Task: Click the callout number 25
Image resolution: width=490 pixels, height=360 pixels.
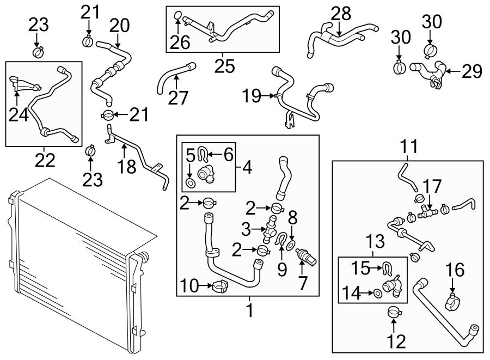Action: [224, 66]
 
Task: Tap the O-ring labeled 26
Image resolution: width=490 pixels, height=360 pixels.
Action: [178, 14]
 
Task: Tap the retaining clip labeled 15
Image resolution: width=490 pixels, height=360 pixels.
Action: [387, 267]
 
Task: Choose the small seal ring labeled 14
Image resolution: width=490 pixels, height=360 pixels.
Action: [376, 294]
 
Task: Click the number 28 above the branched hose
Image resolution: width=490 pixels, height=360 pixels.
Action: [344, 14]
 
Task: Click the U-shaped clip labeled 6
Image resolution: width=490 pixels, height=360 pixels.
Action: [203, 155]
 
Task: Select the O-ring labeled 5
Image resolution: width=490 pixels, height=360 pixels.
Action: [189, 182]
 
